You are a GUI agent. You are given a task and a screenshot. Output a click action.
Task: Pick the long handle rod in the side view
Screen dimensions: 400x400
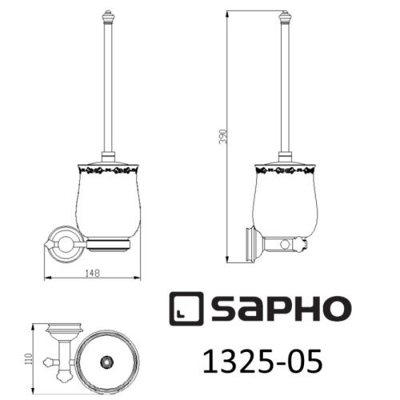pyautogui.click(x=283, y=88)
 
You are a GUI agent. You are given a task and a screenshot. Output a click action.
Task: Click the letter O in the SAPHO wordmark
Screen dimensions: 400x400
pyautogui.click(x=332, y=309)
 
